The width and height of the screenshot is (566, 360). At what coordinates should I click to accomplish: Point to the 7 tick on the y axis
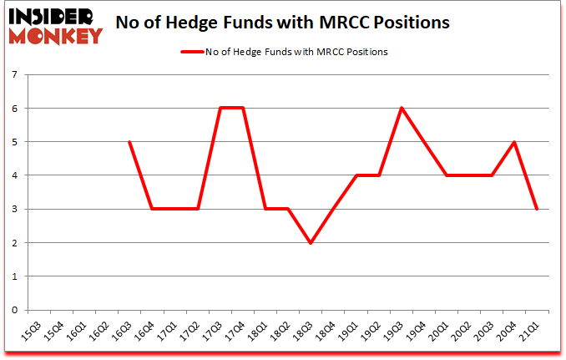tap(14, 74)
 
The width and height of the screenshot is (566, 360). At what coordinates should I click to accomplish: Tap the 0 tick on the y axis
tap(14, 310)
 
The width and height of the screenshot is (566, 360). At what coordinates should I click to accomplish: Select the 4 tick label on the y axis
tap(14, 175)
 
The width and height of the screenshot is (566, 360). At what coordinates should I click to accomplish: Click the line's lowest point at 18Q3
tap(311, 242)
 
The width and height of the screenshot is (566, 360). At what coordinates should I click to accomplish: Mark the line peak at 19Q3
tap(401, 108)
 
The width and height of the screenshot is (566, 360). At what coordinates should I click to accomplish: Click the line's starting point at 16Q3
tap(129, 142)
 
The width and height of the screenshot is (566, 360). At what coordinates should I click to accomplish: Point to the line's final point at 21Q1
tap(537, 209)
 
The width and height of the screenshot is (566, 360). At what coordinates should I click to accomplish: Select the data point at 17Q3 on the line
tap(220, 108)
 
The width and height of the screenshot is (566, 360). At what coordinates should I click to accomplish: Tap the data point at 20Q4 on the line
tap(514, 142)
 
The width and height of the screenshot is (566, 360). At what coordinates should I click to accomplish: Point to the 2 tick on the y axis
tap(14, 242)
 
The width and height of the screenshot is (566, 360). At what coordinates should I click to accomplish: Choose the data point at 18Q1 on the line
tap(265, 209)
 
